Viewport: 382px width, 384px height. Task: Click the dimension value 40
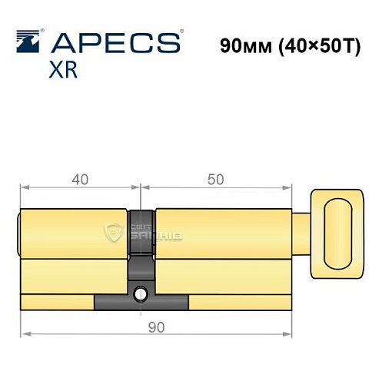[x=79, y=179]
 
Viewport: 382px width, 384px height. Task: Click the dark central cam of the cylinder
[x=141, y=246]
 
